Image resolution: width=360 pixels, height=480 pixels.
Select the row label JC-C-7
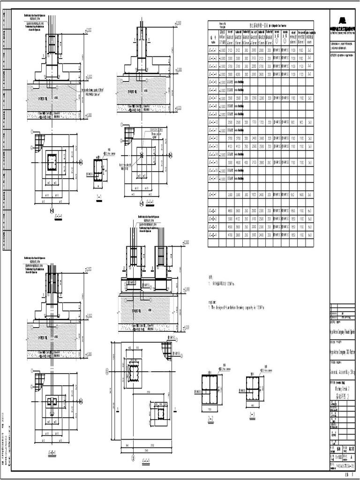(212, 98)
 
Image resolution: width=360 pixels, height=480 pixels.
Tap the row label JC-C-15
(212, 162)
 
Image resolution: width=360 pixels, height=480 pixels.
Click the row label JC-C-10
(212, 122)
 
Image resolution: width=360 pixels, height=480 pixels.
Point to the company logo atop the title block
(344, 20)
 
